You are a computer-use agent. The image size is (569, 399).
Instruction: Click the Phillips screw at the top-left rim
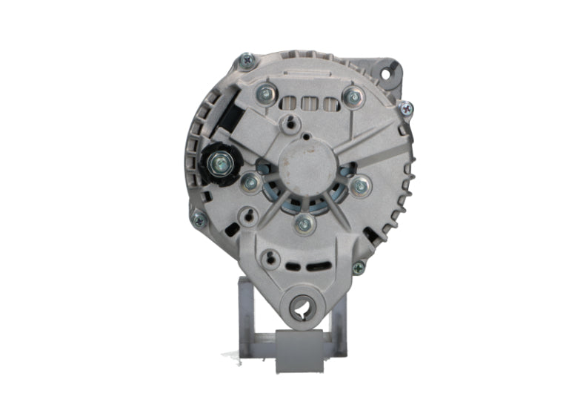pos(247,59)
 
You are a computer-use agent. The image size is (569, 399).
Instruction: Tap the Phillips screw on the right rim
pos(406,108)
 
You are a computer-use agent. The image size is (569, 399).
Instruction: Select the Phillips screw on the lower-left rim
pos(198,218)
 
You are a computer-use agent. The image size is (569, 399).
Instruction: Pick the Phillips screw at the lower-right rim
pos(359,268)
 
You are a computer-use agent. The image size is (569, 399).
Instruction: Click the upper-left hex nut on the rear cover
pos(263,93)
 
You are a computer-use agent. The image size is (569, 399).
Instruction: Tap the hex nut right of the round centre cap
pos(360,186)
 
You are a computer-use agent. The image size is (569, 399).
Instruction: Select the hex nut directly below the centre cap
pos(302,222)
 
